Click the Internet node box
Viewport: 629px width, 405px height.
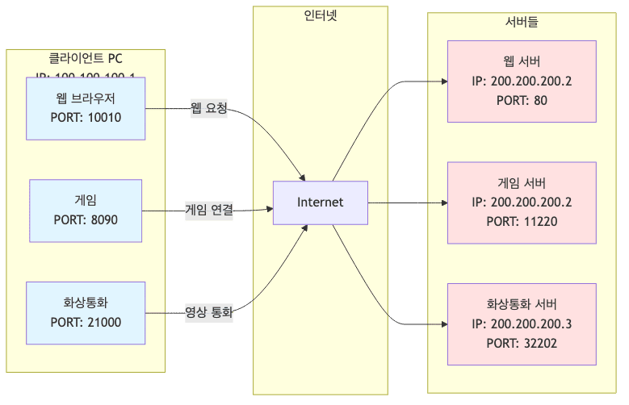pyautogui.click(x=320, y=202)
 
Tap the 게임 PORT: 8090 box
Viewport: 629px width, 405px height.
pyautogui.click(x=86, y=210)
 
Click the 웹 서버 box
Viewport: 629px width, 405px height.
pyautogui.click(x=522, y=81)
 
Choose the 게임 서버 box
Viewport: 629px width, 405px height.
pyautogui.click(x=522, y=202)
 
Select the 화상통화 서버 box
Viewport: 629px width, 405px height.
pyautogui.click(x=522, y=324)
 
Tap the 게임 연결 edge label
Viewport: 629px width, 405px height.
pyautogui.click(x=209, y=210)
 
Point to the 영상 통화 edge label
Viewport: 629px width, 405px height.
pyautogui.click(x=209, y=311)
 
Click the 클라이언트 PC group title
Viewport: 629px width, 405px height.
pyautogui.click(x=86, y=58)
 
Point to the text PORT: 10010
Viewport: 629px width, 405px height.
pyautogui.click(x=86, y=117)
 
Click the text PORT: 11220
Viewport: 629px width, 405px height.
pyautogui.click(x=522, y=221)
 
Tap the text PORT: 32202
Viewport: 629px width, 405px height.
pyautogui.click(x=522, y=342)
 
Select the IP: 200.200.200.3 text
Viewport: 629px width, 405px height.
pyautogui.click(x=522, y=324)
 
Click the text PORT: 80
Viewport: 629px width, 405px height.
pyautogui.click(x=522, y=100)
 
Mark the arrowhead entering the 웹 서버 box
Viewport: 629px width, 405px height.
pyautogui.click(x=443, y=81)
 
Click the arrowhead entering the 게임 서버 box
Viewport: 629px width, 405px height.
pyautogui.click(x=443, y=202)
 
